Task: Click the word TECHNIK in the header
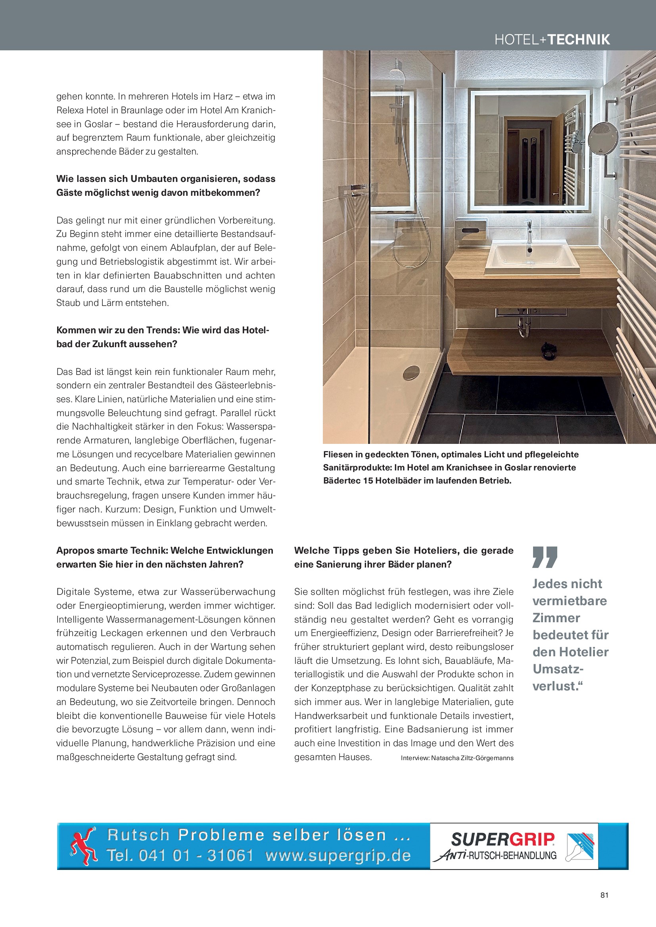point(578,40)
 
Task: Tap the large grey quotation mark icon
point(545,557)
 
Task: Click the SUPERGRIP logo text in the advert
point(503,839)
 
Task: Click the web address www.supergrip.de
point(338,855)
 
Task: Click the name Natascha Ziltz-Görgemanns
point(472,758)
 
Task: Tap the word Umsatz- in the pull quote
point(558,669)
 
